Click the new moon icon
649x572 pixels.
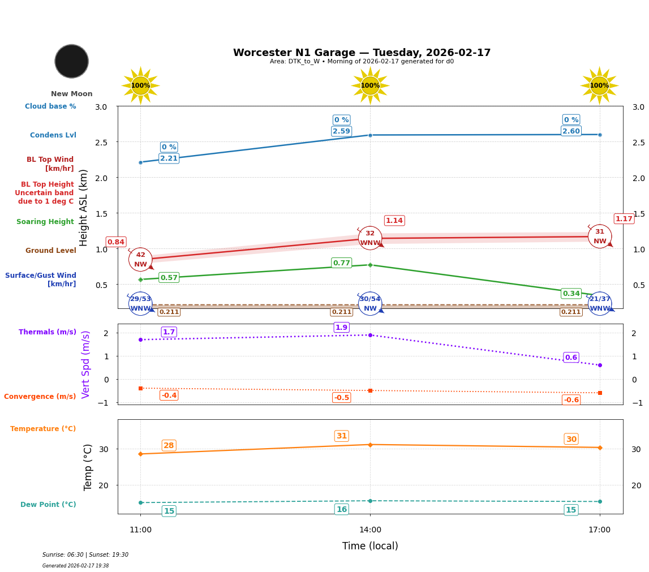(x=72, y=61)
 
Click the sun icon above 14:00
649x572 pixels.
(x=370, y=85)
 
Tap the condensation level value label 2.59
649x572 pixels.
(x=341, y=131)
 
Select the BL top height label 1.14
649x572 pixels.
(x=394, y=221)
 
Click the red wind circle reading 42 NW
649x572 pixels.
(x=140, y=260)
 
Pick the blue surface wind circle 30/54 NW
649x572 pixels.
(x=370, y=304)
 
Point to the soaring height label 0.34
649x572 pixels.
(x=571, y=294)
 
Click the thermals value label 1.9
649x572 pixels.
(x=341, y=328)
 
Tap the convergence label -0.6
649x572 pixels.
(x=571, y=400)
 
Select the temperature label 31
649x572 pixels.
(x=341, y=436)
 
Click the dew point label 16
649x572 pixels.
(x=341, y=510)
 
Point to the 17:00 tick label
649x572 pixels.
(x=599, y=530)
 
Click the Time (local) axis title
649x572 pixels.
(x=370, y=547)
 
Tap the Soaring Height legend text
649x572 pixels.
(x=45, y=222)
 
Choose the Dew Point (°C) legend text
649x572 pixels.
(x=48, y=505)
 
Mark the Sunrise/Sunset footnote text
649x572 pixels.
(x=85, y=555)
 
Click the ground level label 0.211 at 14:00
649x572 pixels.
(x=341, y=312)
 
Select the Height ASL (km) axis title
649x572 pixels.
(x=84, y=208)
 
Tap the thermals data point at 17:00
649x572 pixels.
(x=600, y=365)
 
